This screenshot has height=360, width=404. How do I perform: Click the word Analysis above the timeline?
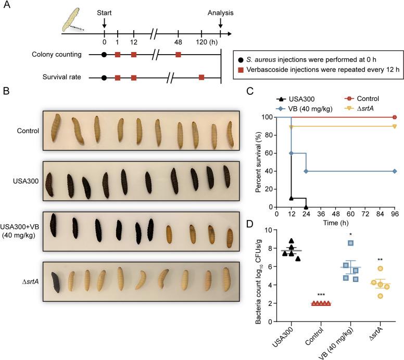click(220, 12)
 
